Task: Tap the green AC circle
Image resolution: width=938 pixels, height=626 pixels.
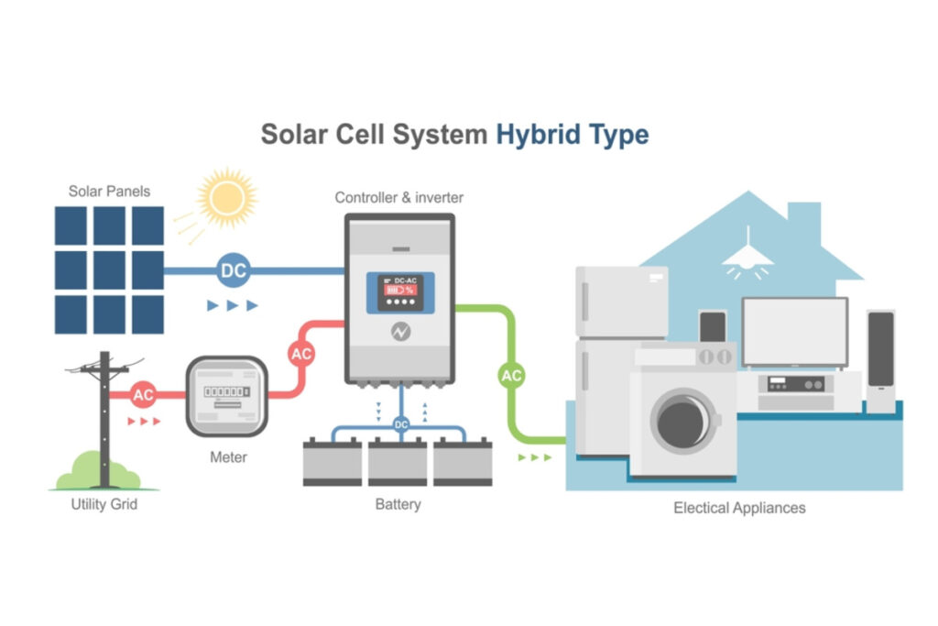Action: click(x=511, y=375)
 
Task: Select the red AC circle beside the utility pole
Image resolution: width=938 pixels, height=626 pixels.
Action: click(x=143, y=395)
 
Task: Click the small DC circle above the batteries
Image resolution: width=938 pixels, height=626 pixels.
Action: click(x=401, y=424)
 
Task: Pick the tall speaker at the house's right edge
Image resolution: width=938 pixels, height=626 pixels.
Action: click(x=880, y=361)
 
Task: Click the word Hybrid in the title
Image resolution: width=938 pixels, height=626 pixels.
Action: click(x=539, y=134)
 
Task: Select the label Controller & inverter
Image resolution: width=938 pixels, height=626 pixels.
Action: click(x=398, y=197)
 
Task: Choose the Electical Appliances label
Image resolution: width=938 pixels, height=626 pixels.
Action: click(x=739, y=507)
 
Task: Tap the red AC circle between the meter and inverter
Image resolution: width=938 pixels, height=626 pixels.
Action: click(x=301, y=353)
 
